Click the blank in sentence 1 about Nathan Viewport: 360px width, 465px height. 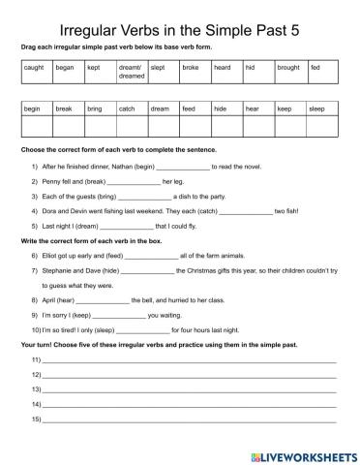(210, 169)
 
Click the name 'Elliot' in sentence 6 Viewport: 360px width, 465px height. (52, 255)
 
